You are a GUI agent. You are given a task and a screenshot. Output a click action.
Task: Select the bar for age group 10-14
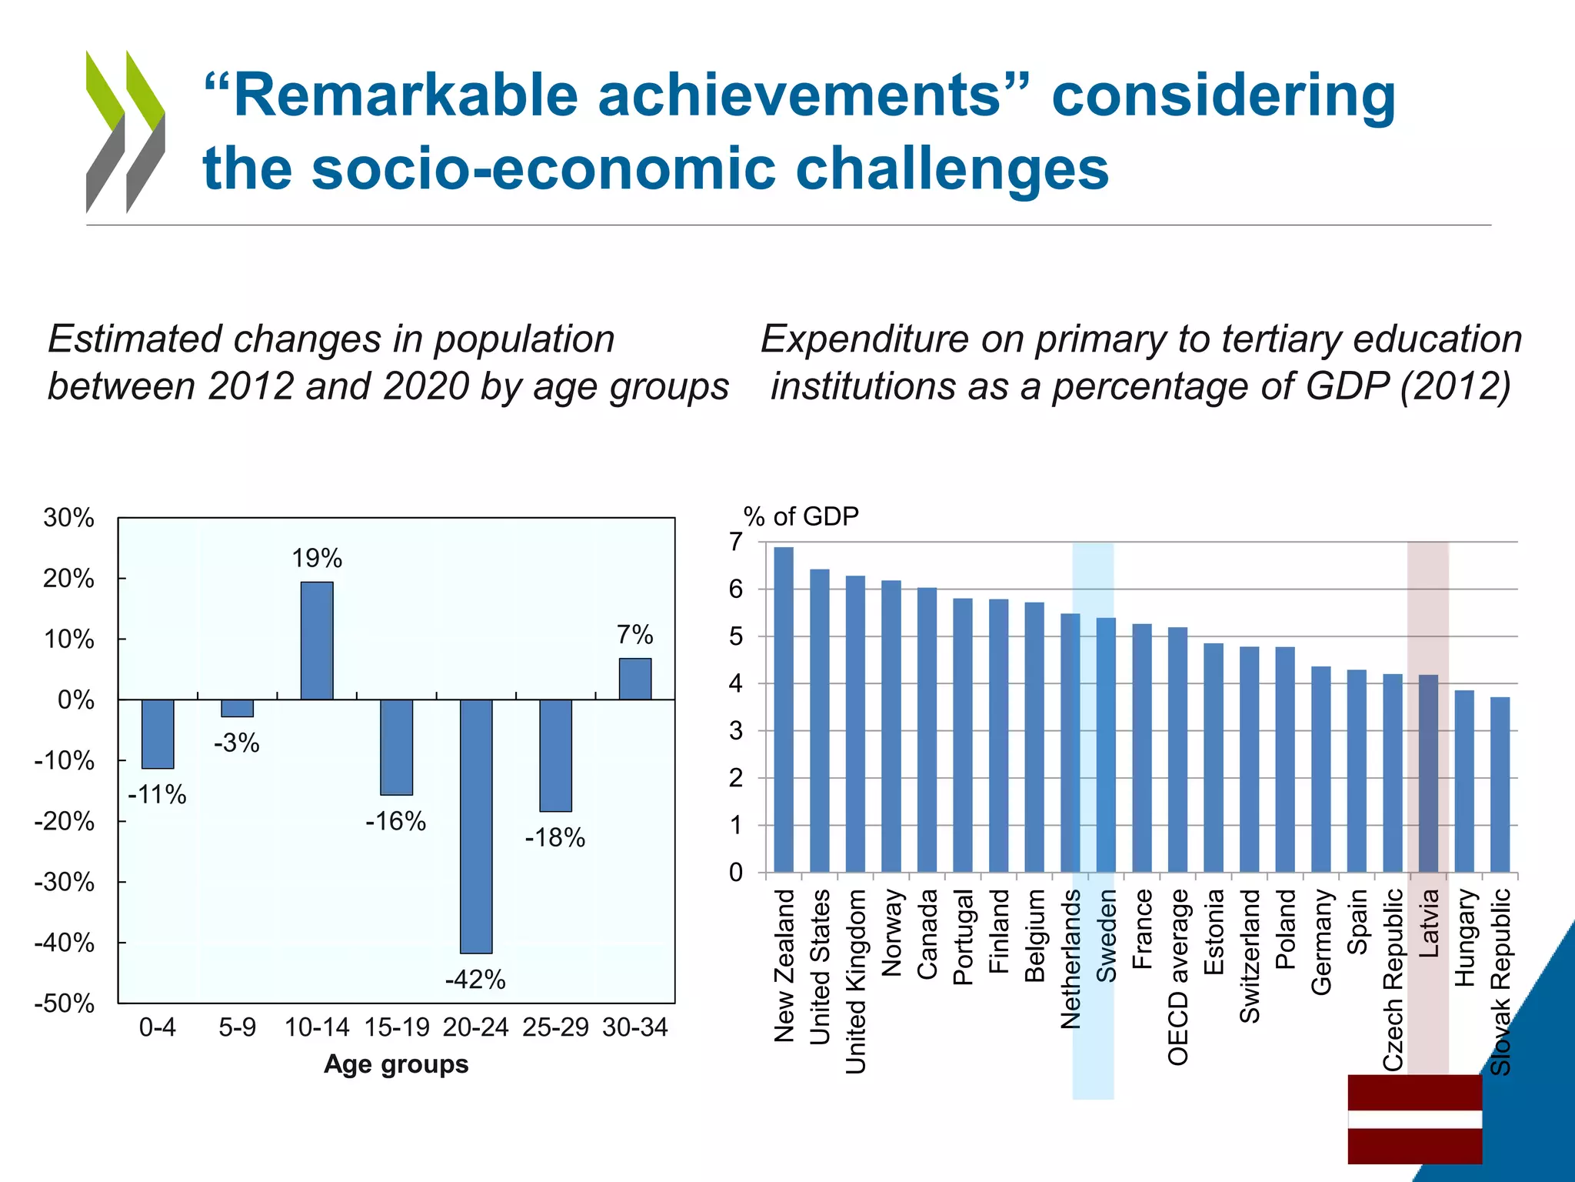tap(317, 640)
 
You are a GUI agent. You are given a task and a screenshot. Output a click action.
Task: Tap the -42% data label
tap(475, 980)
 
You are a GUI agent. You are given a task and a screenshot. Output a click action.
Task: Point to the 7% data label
tap(634, 635)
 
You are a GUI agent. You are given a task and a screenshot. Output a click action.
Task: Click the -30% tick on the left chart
tap(65, 882)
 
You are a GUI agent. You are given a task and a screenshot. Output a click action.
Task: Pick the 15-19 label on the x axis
tap(397, 1027)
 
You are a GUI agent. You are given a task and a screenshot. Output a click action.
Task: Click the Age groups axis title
tap(396, 1064)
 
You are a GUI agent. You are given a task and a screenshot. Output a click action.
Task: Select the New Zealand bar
tap(784, 709)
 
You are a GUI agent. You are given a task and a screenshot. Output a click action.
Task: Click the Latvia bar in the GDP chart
tap(1428, 773)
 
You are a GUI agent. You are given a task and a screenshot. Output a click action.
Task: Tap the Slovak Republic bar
tap(1500, 784)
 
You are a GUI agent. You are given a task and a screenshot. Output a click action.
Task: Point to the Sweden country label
tap(1106, 936)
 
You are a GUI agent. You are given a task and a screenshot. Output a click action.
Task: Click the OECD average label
tap(1178, 977)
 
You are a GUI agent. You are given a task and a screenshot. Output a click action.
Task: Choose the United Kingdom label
tap(856, 981)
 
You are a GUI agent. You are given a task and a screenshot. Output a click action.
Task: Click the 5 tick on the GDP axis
tap(737, 636)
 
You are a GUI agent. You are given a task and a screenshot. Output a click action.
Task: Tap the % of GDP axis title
tap(801, 516)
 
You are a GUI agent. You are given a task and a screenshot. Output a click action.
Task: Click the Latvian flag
tap(1414, 1119)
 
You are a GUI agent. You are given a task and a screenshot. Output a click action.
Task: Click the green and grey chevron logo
tap(125, 132)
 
